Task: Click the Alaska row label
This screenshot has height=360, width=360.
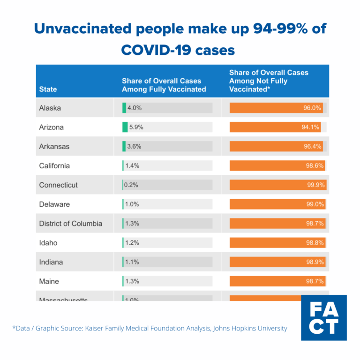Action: tap(50, 108)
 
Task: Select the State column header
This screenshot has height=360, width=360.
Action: tap(48, 89)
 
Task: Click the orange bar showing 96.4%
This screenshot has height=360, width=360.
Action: tap(276, 146)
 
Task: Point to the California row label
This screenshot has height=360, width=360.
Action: tap(54, 165)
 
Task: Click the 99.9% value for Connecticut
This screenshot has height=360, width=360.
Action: tap(315, 185)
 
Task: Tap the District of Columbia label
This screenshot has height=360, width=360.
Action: tap(70, 224)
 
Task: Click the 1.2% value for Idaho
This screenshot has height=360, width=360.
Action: tap(132, 243)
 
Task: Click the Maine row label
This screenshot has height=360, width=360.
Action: tap(49, 281)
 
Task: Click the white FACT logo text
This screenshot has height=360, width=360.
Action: tap(324, 318)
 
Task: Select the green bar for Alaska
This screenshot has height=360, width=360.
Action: tap(124, 108)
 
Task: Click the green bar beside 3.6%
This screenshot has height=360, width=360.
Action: tap(124, 146)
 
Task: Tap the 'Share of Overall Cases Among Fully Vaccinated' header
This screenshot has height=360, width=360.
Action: tap(164, 85)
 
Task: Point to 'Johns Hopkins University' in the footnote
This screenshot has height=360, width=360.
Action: tap(250, 329)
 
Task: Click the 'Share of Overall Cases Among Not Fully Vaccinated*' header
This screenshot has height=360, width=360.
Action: tap(269, 81)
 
